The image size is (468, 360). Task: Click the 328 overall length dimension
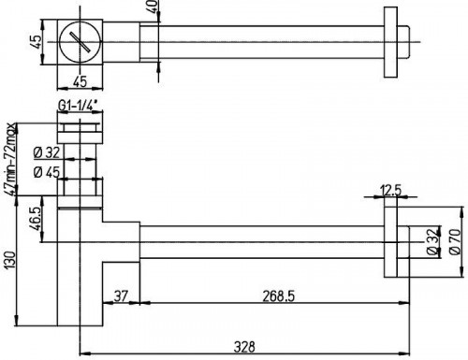244,347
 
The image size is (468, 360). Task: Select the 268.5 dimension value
278,296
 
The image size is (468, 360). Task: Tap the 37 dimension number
121,295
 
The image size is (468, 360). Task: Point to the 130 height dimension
9,261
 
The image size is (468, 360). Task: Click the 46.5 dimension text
36,219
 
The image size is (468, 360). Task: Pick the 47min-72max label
10,159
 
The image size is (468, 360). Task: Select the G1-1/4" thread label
80,106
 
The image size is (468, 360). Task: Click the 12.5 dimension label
390,190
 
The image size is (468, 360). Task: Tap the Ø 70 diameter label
455,242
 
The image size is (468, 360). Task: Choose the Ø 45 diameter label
47,172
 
